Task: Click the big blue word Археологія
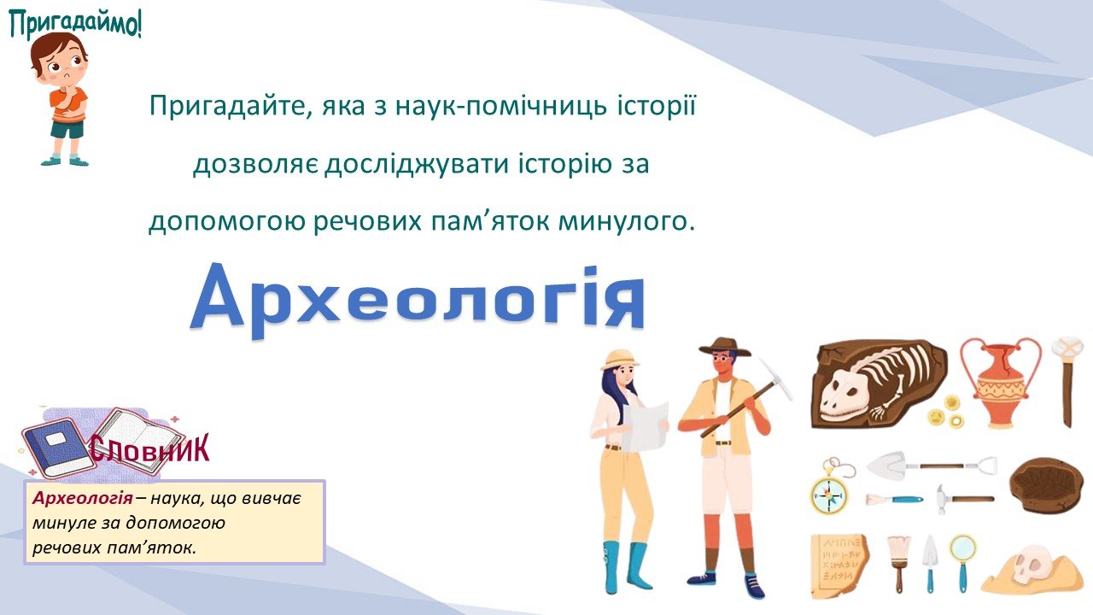418,299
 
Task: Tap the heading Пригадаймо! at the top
76,25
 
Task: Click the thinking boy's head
59,60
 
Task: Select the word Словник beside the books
149,449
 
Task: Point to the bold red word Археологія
83,498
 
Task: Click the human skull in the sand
1031,565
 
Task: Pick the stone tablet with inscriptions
839,565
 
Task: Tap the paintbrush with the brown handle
899,562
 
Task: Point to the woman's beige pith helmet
619,360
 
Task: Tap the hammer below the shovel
965,499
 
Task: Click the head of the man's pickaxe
776,380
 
